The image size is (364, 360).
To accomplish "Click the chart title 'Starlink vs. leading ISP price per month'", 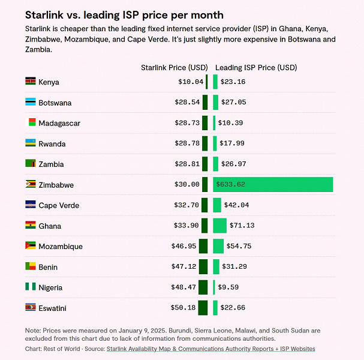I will click(x=124, y=15).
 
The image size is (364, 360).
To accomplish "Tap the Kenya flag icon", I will click(x=31, y=82).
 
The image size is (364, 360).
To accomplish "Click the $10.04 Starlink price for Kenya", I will click(x=191, y=82).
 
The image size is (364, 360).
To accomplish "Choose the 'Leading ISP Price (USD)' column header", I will click(x=256, y=68).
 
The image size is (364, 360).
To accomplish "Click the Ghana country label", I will click(x=50, y=226).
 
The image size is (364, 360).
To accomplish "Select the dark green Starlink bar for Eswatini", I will click(x=203, y=308).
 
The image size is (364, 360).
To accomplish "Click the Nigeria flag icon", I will click(x=31, y=287).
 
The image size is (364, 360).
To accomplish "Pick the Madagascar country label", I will click(x=59, y=123).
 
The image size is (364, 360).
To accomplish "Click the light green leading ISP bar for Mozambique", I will click(x=218, y=246).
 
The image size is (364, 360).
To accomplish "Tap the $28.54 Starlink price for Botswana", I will click(x=187, y=103).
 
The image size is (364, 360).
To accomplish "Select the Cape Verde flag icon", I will click(x=31, y=205).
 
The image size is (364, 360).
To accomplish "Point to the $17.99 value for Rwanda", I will click(x=232, y=143).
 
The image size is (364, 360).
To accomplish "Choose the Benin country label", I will click(x=48, y=267).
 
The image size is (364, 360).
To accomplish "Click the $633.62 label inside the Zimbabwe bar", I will click(x=230, y=185).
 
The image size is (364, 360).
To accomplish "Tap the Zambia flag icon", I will click(x=31, y=164).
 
